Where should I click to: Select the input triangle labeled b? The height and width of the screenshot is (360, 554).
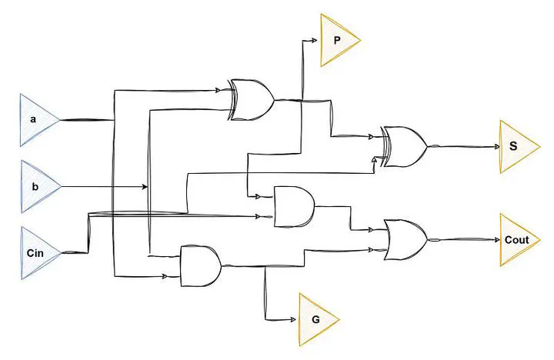tap(36, 187)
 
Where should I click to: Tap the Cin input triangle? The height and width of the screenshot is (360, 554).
tap(36, 252)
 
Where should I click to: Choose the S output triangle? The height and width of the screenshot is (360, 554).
tap(514, 146)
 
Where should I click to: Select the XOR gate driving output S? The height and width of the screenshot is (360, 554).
tap(403, 146)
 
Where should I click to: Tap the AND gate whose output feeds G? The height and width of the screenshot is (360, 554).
tap(200, 265)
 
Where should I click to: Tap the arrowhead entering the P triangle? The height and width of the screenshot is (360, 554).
tap(315, 40)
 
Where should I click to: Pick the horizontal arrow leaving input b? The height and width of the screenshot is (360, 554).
tap(104, 187)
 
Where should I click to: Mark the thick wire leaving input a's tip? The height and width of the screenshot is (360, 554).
tap(85, 120)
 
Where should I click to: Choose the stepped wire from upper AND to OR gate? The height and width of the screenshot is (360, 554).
tap(350, 218)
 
